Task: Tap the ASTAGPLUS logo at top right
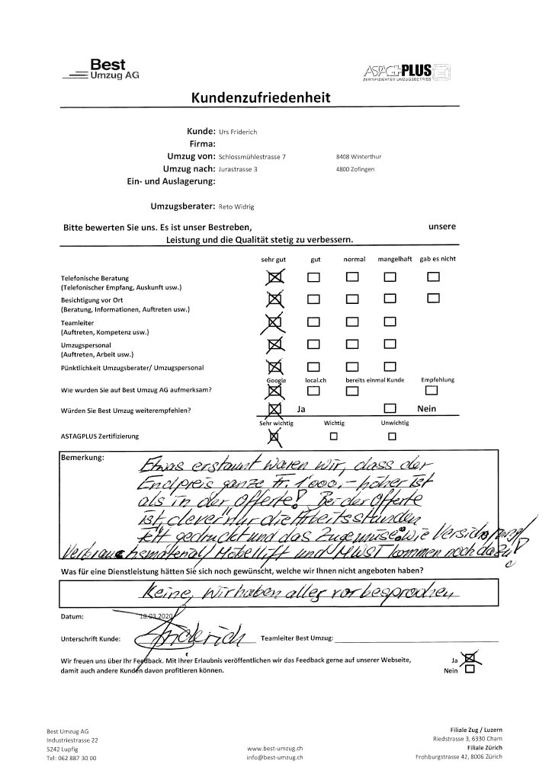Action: coord(408,72)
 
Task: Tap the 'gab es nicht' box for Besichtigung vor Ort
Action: coord(433,299)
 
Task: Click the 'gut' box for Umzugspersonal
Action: coord(313,344)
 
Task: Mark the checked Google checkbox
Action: coord(275,392)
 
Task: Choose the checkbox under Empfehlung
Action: coord(432,391)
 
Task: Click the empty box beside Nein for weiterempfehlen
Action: coord(390,410)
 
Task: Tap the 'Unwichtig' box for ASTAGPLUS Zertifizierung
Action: coord(391,436)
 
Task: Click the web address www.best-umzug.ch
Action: coord(275,749)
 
